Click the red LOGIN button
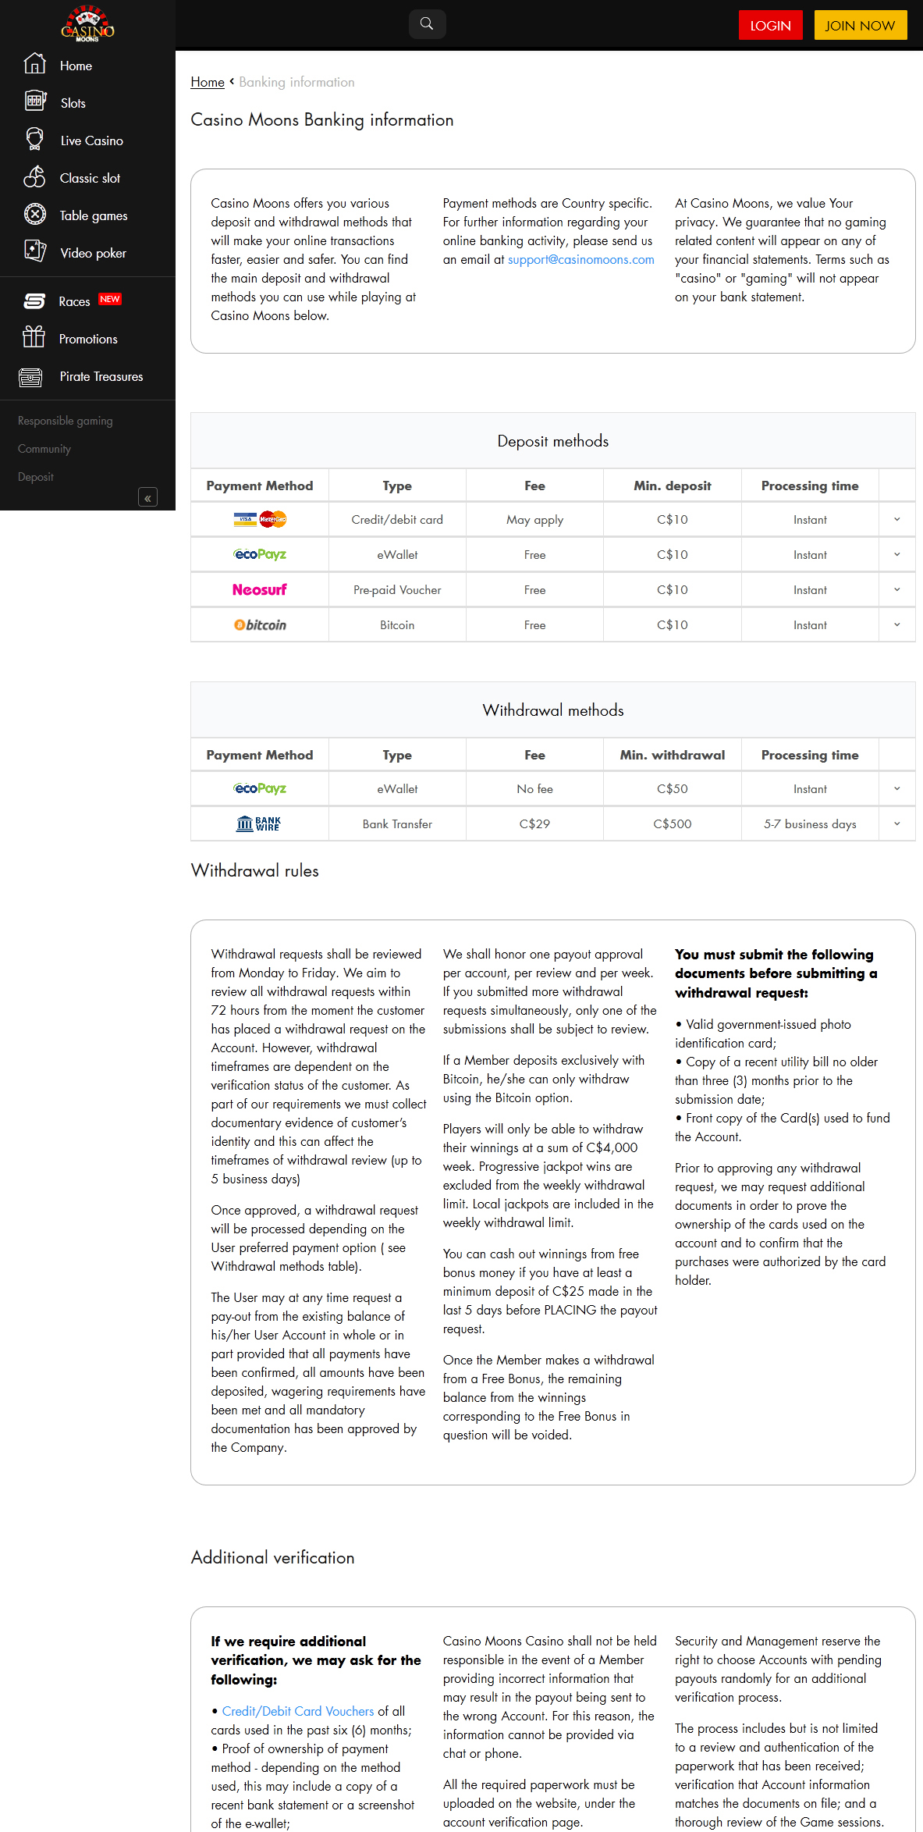(770, 25)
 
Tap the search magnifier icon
(427, 23)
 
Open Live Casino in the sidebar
(91, 141)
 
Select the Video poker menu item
(93, 253)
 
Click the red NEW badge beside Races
(110, 299)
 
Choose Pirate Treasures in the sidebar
(101, 376)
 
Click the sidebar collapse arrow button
(147, 497)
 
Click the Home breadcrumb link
(208, 82)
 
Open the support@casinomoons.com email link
(580, 259)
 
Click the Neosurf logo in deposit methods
(260, 589)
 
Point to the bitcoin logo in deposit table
(260, 624)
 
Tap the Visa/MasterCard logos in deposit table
(260, 519)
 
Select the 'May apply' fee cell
(534, 520)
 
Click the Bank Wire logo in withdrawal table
(259, 824)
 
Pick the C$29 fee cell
(534, 824)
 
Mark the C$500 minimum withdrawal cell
(672, 824)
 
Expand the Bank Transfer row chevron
(896, 824)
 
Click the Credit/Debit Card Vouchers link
(298, 1711)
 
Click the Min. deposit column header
(672, 486)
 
